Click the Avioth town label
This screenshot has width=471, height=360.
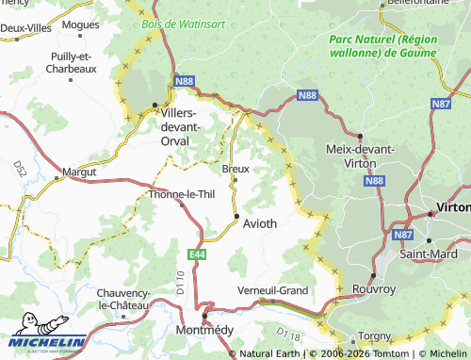click(260, 224)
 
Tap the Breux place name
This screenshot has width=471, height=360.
click(235, 169)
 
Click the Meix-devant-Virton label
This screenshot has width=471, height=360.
click(359, 155)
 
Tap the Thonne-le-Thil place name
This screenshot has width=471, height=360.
click(183, 195)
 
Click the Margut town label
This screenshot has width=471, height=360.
click(79, 172)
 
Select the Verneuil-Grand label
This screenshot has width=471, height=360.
click(272, 290)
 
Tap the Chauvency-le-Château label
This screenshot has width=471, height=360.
click(122, 300)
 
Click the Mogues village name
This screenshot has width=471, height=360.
click(81, 25)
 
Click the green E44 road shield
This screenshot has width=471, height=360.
click(196, 254)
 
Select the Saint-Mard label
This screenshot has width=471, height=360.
click(429, 254)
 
